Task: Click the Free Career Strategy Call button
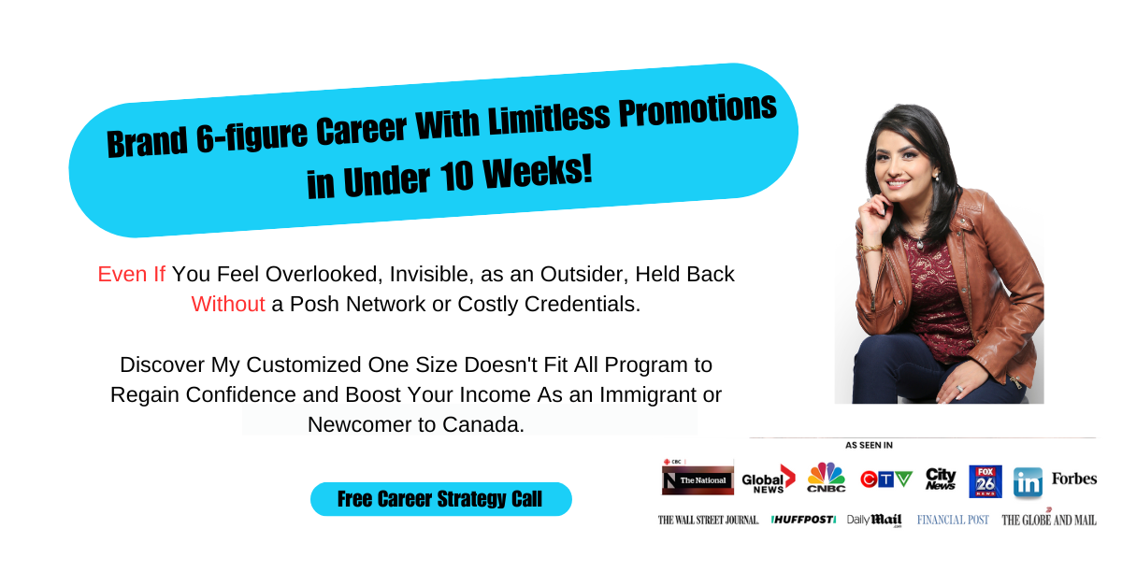pyautogui.click(x=440, y=499)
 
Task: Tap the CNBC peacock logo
pyautogui.click(x=826, y=479)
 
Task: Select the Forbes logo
pyautogui.click(x=1073, y=479)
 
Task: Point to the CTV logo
pyautogui.click(x=885, y=479)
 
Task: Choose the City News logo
pyautogui.click(x=941, y=479)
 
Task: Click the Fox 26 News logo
pyautogui.click(x=985, y=480)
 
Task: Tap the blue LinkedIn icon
pyautogui.click(x=1028, y=482)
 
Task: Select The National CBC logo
pyautogui.click(x=698, y=479)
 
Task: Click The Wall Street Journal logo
pyautogui.click(x=708, y=520)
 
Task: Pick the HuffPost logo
pyautogui.click(x=803, y=520)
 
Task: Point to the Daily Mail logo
pyautogui.click(x=874, y=520)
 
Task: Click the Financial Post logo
pyautogui.click(x=953, y=520)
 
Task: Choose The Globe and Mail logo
pyautogui.click(x=1048, y=520)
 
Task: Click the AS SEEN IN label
pyautogui.click(x=869, y=445)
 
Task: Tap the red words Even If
pyautogui.click(x=131, y=275)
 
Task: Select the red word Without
pyautogui.click(x=228, y=305)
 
